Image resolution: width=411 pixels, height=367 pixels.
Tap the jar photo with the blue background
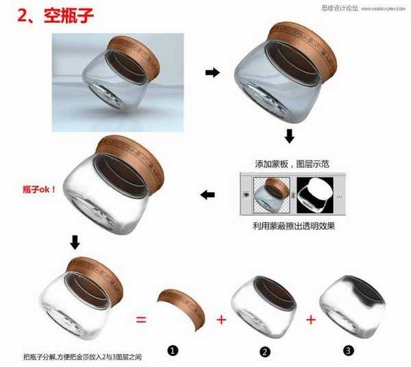pyautogui.click(x=118, y=81)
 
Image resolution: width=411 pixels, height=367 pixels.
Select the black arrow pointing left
pyautogui.click(x=208, y=195)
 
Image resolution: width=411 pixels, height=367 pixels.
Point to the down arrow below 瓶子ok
pyautogui.click(x=75, y=242)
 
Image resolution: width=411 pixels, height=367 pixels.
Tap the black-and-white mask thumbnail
pyautogui.click(x=319, y=195)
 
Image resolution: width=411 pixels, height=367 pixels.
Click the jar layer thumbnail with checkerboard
pyautogui.click(x=271, y=195)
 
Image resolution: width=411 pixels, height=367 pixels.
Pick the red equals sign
pyautogui.click(x=140, y=319)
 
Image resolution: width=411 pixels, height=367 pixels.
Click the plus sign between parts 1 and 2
pyautogui.click(x=221, y=319)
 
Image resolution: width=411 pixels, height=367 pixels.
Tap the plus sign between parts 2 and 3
pyautogui.click(x=311, y=319)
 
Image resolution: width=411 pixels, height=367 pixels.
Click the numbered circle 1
pyautogui.click(x=173, y=351)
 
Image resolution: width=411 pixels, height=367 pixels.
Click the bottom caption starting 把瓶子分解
pyautogui.click(x=85, y=357)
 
